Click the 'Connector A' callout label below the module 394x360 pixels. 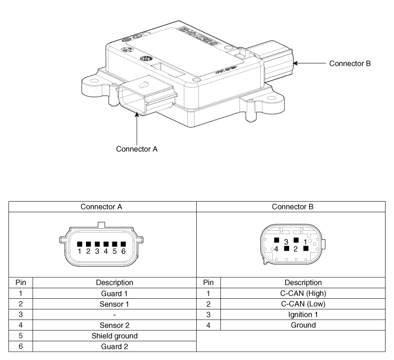tap(137, 149)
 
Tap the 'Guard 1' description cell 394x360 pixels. tap(115, 293)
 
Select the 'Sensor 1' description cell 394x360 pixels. tap(115, 303)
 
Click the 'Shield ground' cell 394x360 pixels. tap(115, 336)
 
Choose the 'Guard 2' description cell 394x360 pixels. tap(115, 347)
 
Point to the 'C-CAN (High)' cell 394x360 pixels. tap(303, 293)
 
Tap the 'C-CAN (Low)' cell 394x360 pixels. tap(303, 303)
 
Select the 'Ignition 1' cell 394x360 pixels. tap(303, 314)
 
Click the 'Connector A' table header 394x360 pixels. tap(102, 206)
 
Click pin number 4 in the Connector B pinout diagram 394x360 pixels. tap(276, 247)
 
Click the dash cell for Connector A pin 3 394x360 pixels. tap(115, 314)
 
